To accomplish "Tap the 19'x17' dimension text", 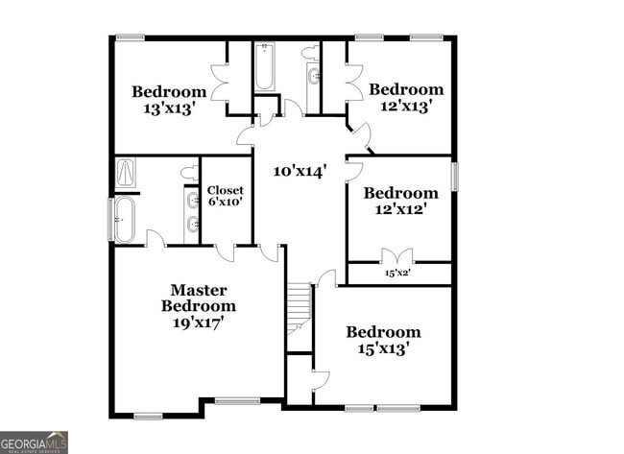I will [198, 323].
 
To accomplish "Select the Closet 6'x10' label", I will [226, 196].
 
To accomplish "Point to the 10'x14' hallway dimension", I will [300, 171].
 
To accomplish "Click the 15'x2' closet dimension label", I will [397, 273].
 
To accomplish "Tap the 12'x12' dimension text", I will [400, 208].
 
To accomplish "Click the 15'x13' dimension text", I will [383, 349].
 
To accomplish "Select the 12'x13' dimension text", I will [406, 107].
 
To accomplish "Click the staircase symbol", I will [300, 307].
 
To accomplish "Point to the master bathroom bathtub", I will [125, 219].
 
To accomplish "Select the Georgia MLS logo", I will [35, 442].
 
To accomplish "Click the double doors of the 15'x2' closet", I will [397, 256].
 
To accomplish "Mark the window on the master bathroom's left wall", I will [110, 220].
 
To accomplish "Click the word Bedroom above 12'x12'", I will [400, 192].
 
